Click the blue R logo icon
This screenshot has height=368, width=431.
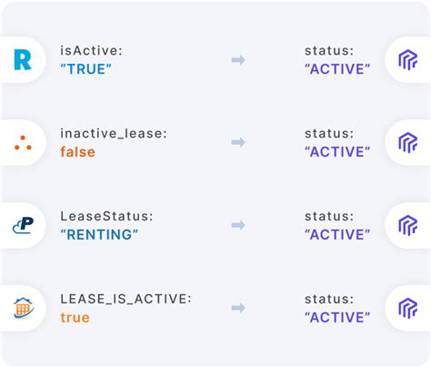pyautogui.click(x=21, y=60)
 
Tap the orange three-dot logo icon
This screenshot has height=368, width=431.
pyautogui.click(x=23, y=143)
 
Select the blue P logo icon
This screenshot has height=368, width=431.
pyautogui.click(x=22, y=225)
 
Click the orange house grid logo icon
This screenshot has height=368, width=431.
pyautogui.click(x=23, y=308)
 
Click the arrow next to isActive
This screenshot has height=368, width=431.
pyautogui.click(x=238, y=60)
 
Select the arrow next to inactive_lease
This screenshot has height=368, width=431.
pyautogui.click(x=238, y=143)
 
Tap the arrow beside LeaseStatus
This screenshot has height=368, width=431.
pyautogui.click(x=238, y=225)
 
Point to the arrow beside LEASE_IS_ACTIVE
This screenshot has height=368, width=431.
pyautogui.click(x=238, y=308)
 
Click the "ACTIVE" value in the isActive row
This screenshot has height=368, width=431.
pyautogui.click(x=337, y=69)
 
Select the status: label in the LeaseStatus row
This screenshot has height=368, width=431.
pyautogui.click(x=328, y=216)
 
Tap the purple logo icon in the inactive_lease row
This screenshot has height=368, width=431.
pyautogui.click(x=407, y=143)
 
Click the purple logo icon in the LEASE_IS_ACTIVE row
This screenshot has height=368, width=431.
pyautogui.click(x=407, y=308)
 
